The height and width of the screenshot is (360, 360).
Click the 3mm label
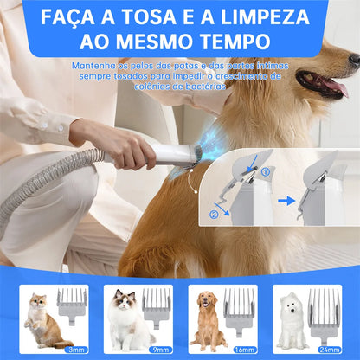point(76,349)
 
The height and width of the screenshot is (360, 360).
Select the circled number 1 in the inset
point(265,171)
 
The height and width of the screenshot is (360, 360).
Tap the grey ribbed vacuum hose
point(43,182)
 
